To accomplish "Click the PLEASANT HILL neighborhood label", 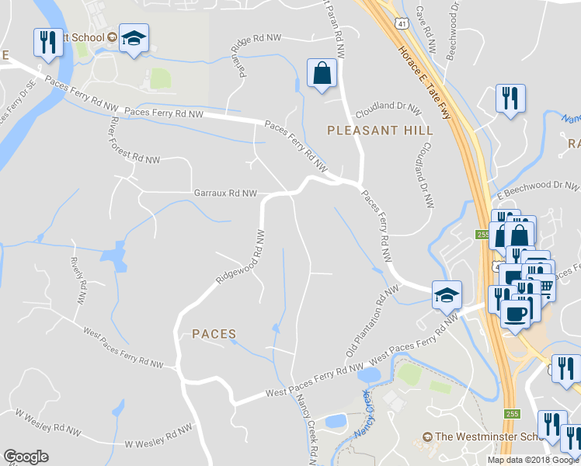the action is [x=380, y=130].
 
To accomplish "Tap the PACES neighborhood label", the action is [x=214, y=334].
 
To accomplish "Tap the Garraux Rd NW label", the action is [x=225, y=193].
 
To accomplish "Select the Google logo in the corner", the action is [x=26, y=457].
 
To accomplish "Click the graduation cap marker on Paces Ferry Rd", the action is [x=447, y=295].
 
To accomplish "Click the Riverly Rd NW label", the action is [x=78, y=281].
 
